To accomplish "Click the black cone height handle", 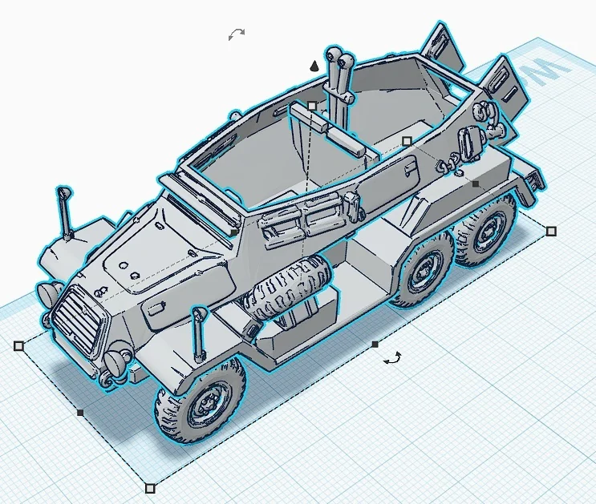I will pyautogui.click(x=316, y=66).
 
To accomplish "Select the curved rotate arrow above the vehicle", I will pyautogui.click(x=236, y=34).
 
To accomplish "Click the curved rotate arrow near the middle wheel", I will pyautogui.click(x=392, y=359).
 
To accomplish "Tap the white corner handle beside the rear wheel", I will pyautogui.click(x=551, y=231).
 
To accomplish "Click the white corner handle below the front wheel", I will pyautogui.click(x=150, y=487).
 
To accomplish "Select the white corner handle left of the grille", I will pyautogui.click(x=18, y=346).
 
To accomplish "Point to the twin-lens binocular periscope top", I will pyautogui.click(x=340, y=59).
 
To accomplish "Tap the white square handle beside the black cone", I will pyautogui.click(x=312, y=106).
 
